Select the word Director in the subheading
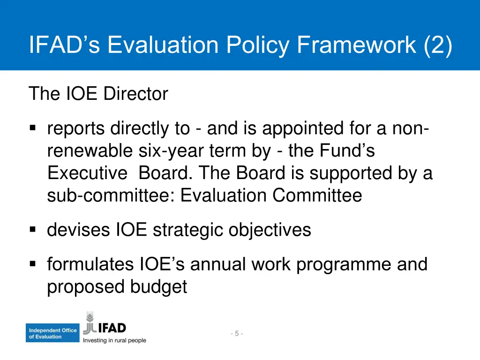[x=135, y=94]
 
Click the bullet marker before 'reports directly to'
[x=33, y=128]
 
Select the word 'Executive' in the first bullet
[x=87, y=173]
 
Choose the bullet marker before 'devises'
[x=33, y=230]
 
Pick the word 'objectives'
[x=270, y=230]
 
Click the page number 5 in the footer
[x=237, y=334]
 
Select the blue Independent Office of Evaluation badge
[x=52, y=333]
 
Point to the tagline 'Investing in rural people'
[x=114, y=341]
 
